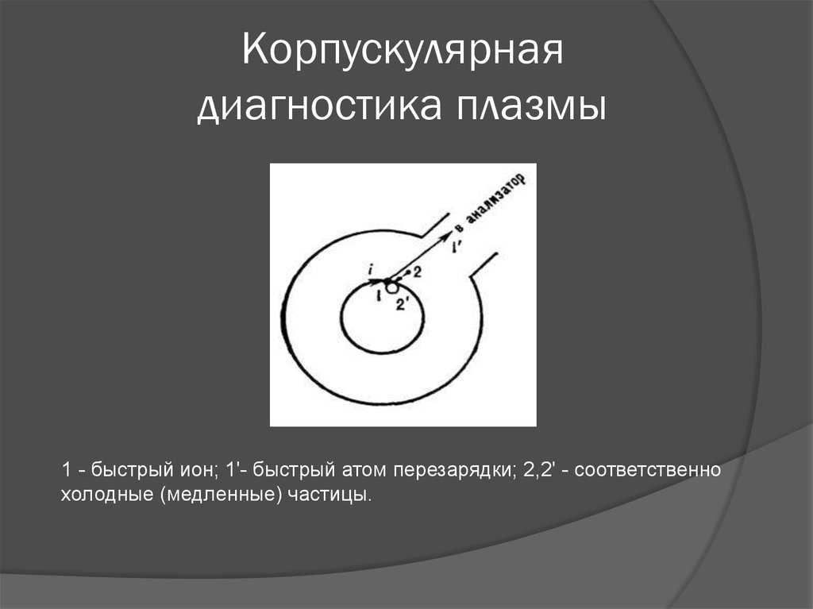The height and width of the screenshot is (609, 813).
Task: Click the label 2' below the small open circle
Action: pos(403,303)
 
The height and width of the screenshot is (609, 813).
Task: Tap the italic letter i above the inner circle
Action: pos(371,272)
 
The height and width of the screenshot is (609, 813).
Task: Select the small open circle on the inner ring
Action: pos(391,287)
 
